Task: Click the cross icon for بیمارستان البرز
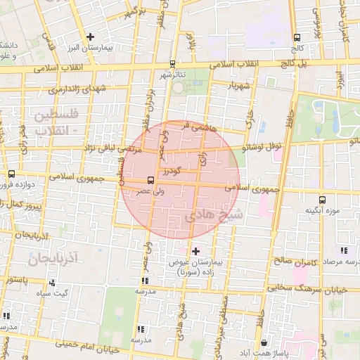coord(90,37)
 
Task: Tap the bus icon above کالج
coord(297,38)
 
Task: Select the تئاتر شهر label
coord(174,75)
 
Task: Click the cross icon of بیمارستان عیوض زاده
coord(195,251)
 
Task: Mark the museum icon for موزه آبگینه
coord(321,199)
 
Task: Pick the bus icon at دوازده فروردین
coord(11,174)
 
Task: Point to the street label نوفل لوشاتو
coord(261,147)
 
